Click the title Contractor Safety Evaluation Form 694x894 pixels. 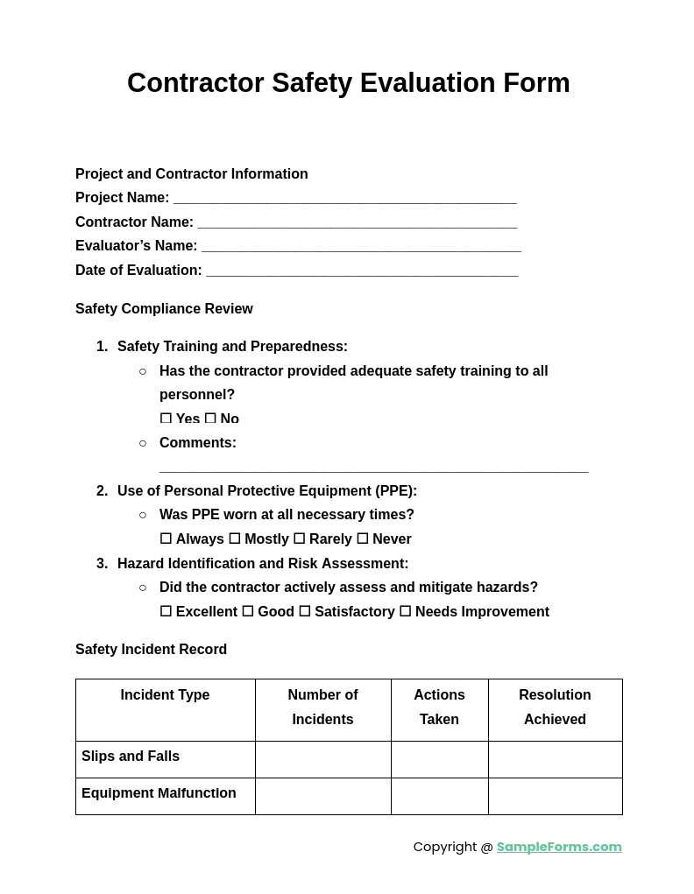tap(348, 83)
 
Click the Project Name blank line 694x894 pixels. tap(344, 199)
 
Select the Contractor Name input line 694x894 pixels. tap(357, 223)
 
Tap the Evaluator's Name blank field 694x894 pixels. tap(361, 247)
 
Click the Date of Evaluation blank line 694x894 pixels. tap(362, 271)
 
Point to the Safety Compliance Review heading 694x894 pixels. tap(164, 309)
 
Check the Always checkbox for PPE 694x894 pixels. tap(166, 539)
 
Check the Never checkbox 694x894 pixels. tap(363, 539)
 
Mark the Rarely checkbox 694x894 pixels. tap(300, 539)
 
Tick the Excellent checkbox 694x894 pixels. tap(166, 612)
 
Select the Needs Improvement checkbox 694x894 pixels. tap(406, 612)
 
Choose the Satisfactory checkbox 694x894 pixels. tap(305, 612)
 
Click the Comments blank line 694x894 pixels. tap(373, 468)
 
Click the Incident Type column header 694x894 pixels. tap(165, 695)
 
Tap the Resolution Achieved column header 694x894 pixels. tap(555, 707)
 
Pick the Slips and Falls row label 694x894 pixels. tap(131, 757)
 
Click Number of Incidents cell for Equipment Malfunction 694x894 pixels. tap(322, 796)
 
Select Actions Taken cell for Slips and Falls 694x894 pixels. tap(439, 759)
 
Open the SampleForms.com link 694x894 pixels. tap(559, 847)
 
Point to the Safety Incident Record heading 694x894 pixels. tap(151, 650)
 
